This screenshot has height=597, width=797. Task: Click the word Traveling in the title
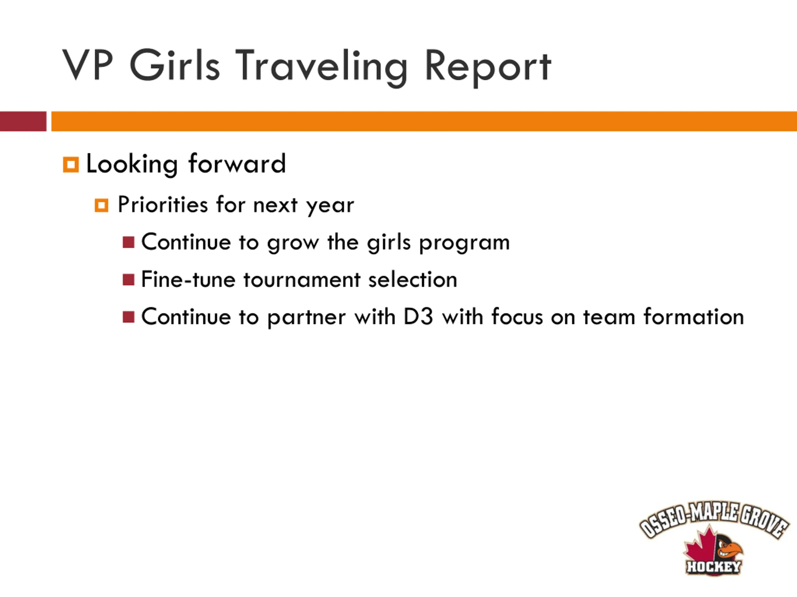pos(321,66)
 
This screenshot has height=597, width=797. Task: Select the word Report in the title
pos(488,67)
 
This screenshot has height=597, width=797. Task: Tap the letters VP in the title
pos(87,64)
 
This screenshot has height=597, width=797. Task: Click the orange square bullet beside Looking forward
pos(71,165)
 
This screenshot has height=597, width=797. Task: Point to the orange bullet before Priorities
pos(101,206)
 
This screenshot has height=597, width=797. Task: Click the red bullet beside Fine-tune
pos(129,280)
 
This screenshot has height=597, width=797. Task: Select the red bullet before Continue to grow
pos(129,242)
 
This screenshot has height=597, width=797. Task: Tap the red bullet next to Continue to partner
pos(129,317)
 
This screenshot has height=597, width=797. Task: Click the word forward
pos(237,164)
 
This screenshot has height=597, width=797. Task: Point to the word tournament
pos(302,280)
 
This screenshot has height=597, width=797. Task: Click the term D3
pos(418,317)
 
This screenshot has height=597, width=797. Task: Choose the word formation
pos(694,316)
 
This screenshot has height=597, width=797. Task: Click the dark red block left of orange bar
pos(23,121)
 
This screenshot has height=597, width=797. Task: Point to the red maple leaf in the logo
pos(700,548)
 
